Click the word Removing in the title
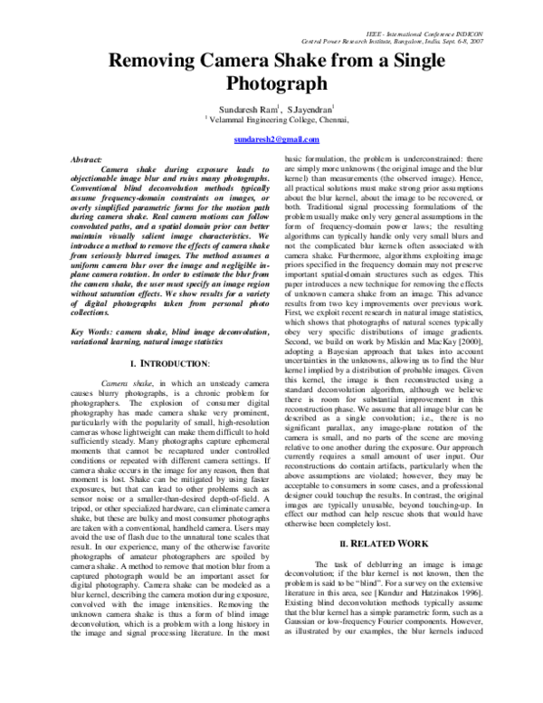tap(157, 63)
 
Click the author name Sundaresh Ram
tap(239, 107)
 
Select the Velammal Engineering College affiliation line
tap(277, 118)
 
